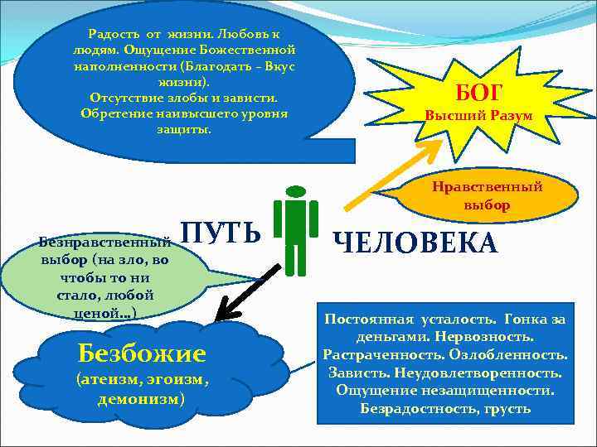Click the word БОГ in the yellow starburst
pyautogui.click(x=478, y=91)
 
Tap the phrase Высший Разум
pyautogui.click(x=478, y=116)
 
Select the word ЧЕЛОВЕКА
pyautogui.click(x=415, y=243)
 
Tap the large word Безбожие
pyautogui.click(x=141, y=353)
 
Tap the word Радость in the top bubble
pyautogui.click(x=114, y=34)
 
